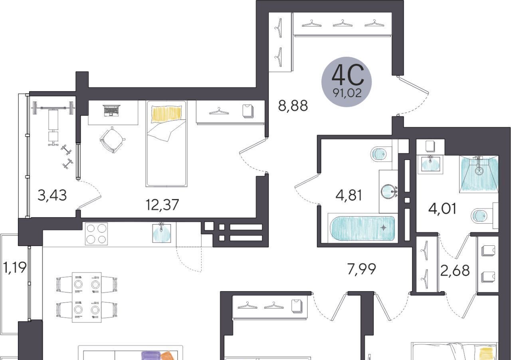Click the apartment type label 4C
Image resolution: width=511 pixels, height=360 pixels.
348,75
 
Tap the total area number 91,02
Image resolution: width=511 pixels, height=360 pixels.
347,93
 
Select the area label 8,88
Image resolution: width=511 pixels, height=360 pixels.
293,106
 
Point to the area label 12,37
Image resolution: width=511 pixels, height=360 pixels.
162,205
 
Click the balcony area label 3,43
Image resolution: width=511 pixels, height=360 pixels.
52,195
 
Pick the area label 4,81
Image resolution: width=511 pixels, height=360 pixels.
349,196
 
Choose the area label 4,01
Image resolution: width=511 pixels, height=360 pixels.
443,209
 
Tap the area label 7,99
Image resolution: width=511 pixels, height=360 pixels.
361,269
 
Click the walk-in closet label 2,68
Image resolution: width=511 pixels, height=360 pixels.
455,270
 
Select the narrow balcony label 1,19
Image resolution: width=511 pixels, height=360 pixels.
15,267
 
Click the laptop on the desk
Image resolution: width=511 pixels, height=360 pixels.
111,111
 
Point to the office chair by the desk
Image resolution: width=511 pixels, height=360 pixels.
112,140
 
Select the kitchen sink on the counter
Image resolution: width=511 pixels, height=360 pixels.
162,233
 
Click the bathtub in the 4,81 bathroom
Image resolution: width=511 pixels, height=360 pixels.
362,229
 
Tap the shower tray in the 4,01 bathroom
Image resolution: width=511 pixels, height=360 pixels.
479,174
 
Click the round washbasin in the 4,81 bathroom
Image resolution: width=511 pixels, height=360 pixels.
388,191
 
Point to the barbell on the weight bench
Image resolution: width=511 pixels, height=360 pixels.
53,108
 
